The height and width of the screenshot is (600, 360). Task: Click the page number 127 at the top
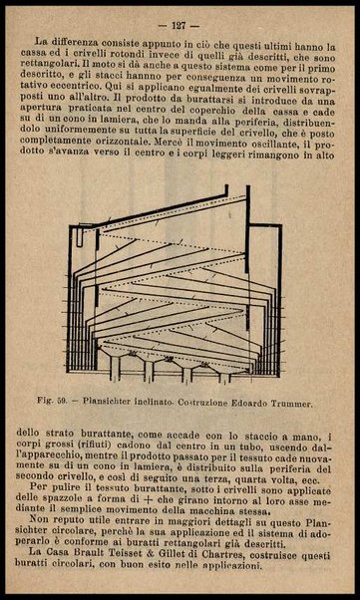[180, 24]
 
